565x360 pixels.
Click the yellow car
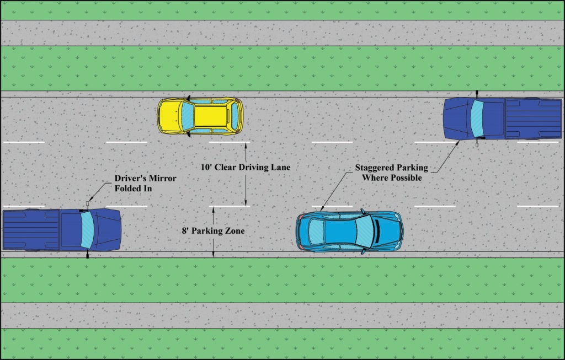[200, 116]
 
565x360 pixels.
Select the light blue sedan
[349, 231]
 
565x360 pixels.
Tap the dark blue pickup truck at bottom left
[61, 229]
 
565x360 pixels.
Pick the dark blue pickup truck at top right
[502, 119]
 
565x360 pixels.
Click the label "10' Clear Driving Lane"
[245, 166]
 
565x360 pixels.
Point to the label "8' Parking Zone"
[213, 231]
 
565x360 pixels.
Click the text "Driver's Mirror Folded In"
[145, 184]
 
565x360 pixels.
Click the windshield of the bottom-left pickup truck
[87, 229]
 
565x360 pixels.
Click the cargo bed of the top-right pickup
[532, 118]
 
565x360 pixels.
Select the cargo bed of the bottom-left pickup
[30, 229]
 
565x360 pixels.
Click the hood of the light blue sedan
[388, 231]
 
